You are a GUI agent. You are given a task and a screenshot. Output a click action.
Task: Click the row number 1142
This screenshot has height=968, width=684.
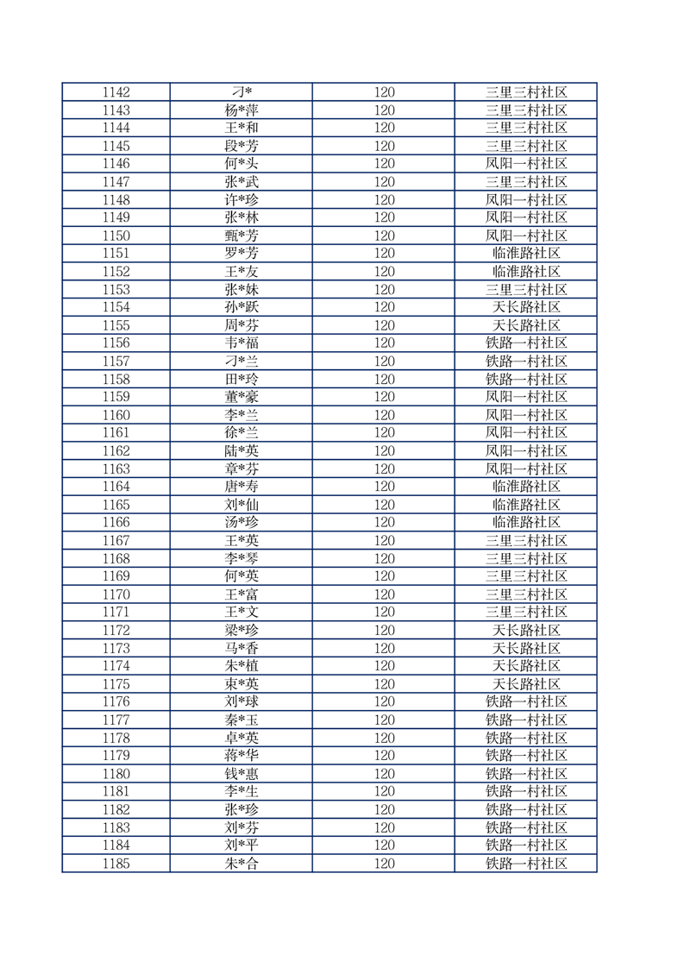(x=116, y=92)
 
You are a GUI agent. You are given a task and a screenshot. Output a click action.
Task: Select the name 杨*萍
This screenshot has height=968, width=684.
(x=241, y=110)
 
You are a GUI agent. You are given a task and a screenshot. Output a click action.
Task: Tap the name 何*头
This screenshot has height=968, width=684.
(x=241, y=164)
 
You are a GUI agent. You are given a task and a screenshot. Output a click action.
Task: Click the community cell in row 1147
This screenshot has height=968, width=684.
(x=525, y=182)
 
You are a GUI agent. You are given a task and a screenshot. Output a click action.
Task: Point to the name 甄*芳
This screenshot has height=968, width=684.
(x=241, y=236)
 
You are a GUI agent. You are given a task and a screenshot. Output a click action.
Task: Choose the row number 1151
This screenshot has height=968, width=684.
(x=116, y=254)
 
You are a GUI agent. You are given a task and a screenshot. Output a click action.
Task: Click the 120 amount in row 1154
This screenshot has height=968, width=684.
(x=384, y=307)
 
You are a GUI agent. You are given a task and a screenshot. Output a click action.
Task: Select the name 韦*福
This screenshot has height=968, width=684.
(x=241, y=343)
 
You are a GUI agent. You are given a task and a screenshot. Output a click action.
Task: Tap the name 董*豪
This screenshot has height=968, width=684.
(x=241, y=397)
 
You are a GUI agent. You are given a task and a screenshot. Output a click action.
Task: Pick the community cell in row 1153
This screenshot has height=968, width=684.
(x=525, y=290)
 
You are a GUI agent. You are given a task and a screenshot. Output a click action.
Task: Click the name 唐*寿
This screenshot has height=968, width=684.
(x=241, y=487)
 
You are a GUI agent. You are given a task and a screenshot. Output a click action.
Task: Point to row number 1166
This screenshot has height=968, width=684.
(x=116, y=522)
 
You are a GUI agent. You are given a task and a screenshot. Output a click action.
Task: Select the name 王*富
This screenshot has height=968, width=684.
(x=241, y=594)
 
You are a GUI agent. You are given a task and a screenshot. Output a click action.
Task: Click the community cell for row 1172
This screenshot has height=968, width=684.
(x=525, y=630)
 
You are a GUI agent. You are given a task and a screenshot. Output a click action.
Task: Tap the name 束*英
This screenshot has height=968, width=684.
(x=241, y=684)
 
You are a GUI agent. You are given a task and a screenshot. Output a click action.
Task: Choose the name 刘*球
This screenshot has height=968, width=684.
(x=241, y=701)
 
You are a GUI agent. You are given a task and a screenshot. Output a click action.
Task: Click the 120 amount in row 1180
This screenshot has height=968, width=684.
(x=384, y=774)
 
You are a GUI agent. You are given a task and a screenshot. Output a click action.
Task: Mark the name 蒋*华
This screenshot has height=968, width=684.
(x=241, y=756)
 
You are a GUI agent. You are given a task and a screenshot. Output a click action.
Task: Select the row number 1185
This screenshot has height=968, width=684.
(x=116, y=864)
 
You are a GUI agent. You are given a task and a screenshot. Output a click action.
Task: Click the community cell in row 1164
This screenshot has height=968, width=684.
(x=525, y=487)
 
